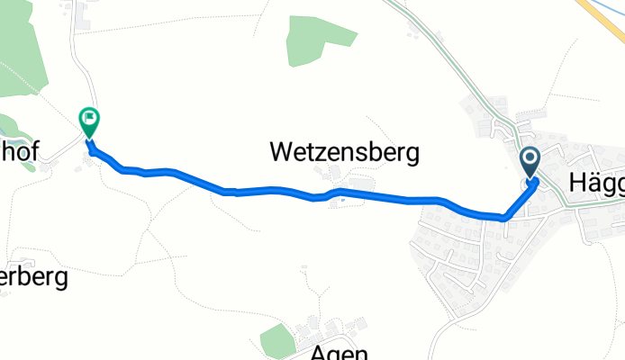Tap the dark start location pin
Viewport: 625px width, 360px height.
529,162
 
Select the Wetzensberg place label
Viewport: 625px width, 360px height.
345,154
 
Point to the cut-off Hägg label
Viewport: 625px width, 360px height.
596,182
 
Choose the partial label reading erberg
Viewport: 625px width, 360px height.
33,277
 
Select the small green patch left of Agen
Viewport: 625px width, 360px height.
277,340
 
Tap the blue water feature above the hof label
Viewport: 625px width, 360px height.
9,127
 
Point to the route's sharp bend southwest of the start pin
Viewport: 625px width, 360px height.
503,217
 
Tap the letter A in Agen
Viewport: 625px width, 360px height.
318,351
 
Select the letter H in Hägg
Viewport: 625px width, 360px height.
578,182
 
